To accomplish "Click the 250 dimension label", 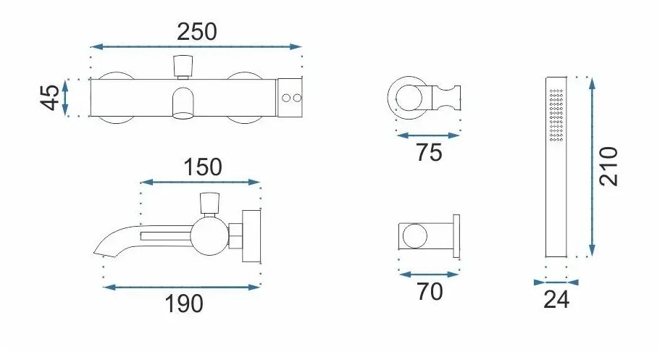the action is [x=196, y=32].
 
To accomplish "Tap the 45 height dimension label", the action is [x=50, y=98].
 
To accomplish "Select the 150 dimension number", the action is [x=203, y=167].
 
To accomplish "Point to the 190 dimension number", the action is [x=184, y=304].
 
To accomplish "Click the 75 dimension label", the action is [x=429, y=152].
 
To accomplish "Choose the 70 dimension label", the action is [x=430, y=291].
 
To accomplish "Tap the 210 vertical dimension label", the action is [x=608, y=166].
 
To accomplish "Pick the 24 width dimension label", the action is [x=556, y=300].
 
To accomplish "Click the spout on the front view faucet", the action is [x=183, y=103].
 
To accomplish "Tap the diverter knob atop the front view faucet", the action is [x=183, y=66].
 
